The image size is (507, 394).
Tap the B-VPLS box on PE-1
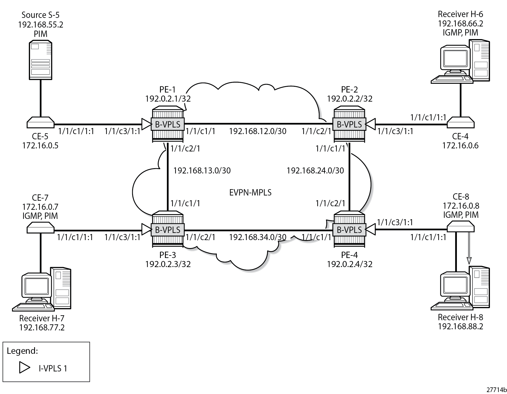(167, 124)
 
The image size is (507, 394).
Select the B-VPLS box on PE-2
(349, 124)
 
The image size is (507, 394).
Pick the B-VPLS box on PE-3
(167, 230)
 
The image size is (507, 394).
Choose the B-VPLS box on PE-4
(349, 230)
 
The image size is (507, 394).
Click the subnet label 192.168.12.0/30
(257, 131)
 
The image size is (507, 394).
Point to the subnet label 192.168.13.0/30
(202, 171)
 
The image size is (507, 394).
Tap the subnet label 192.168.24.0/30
(315, 171)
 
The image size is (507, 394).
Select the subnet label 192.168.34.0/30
(257, 237)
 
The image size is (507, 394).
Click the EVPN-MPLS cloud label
(250, 192)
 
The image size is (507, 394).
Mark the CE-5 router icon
(40, 123)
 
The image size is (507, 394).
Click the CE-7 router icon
(40, 228)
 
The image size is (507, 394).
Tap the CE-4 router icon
(460, 123)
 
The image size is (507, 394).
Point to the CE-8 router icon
(460, 227)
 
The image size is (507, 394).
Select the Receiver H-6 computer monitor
(455, 59)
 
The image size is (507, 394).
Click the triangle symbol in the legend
(24, 368)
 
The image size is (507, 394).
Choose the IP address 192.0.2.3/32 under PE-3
(168, 264)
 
